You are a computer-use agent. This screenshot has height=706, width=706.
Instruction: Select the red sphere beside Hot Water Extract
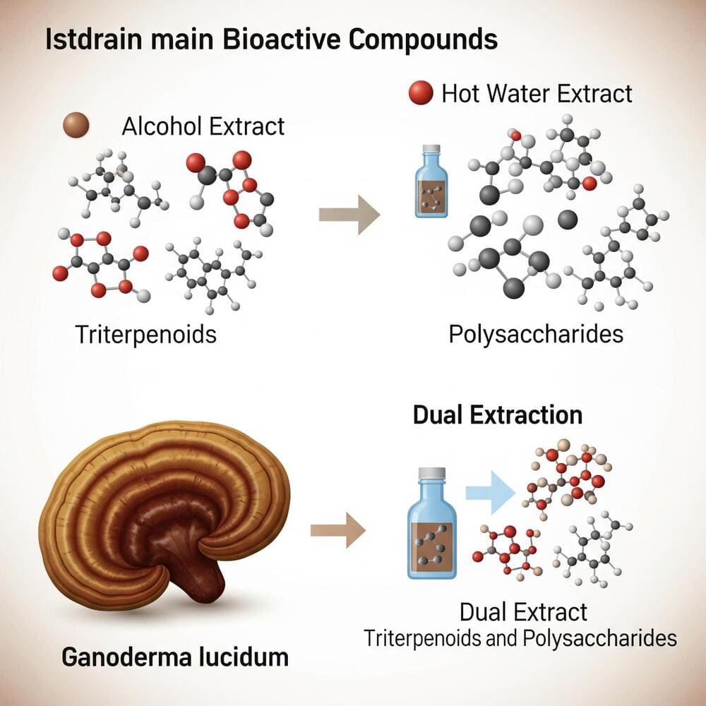click(421, 92)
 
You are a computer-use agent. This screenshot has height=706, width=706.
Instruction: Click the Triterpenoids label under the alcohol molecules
click(145, 333)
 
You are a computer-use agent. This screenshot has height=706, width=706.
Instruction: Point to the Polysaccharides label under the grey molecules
click(536, 333)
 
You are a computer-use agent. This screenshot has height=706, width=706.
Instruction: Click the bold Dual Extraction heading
click(498, 414)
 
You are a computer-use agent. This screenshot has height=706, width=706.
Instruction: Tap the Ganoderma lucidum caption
click(175, 657)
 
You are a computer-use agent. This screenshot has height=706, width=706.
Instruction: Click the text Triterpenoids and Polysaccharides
click(520, 638)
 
